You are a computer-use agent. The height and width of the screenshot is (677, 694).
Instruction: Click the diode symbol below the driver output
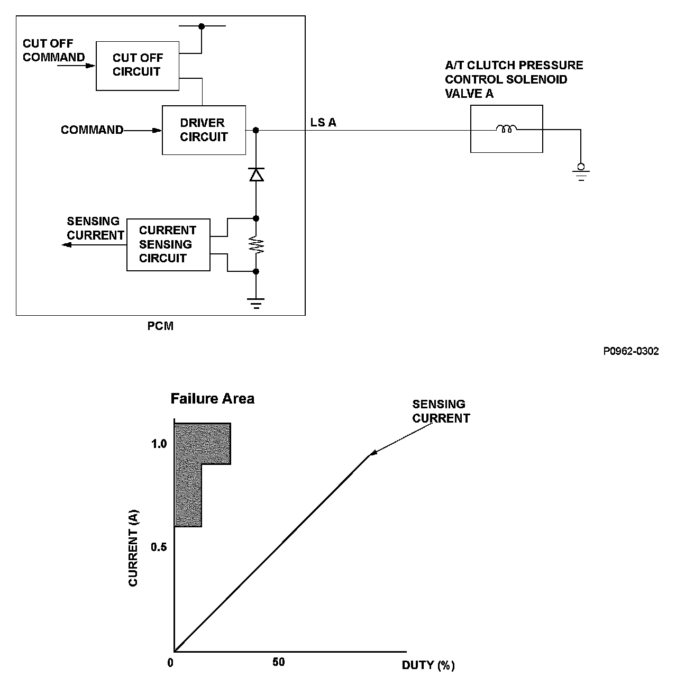[x=256, y=175]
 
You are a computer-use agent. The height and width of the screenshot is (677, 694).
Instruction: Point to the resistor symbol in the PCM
[x=256, y=245]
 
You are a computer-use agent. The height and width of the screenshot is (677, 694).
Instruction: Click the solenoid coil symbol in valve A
[x=506, y=129]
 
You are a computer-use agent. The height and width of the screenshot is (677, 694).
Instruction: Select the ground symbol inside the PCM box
[x=255, y=303]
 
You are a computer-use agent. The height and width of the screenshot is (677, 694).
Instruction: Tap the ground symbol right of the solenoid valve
[x=581, y=172]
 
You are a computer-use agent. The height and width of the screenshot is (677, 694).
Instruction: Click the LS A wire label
[x=323, y=122]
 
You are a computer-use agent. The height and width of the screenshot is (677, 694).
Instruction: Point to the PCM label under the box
[x=160, y=326]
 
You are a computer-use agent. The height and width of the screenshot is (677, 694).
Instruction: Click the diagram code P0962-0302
[x=631, y=351]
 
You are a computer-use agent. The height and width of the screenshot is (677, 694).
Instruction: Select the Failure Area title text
[x=213, y=399]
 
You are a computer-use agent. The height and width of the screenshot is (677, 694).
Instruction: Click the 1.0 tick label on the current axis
[x=159, y=444]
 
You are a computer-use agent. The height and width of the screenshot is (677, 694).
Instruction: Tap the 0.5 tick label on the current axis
[x=159, y=547]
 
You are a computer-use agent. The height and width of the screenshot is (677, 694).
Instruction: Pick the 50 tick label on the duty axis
[x=279, y=662]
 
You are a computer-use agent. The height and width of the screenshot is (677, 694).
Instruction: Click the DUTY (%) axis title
[x=428, y=665]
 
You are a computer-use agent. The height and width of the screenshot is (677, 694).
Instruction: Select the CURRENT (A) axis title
[x=133, y=548]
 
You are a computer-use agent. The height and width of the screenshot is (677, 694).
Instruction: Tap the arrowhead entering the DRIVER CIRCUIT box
[x=157, y=131]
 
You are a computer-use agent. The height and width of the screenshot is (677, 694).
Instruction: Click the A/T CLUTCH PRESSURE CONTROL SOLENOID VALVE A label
[x=514, y=79]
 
